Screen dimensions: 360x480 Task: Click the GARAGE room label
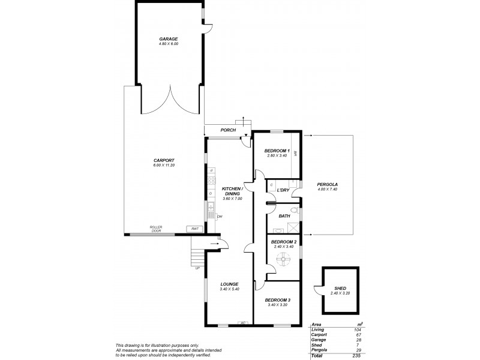[169, 39]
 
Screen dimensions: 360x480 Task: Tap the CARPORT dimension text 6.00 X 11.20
[164, 165]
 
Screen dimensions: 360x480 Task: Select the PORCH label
[228, 130]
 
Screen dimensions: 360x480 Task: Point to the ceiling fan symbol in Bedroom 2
[281, 259]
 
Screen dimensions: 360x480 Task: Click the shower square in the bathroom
[292, 226]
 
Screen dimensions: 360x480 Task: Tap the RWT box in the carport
[194, 229]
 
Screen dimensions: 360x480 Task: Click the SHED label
[340, 289]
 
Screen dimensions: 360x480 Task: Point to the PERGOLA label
[328, 184]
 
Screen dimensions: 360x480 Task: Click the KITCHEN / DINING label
[231, 190]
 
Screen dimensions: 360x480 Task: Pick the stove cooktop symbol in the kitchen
[211, 179]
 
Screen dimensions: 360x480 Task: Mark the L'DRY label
[283, 190]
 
